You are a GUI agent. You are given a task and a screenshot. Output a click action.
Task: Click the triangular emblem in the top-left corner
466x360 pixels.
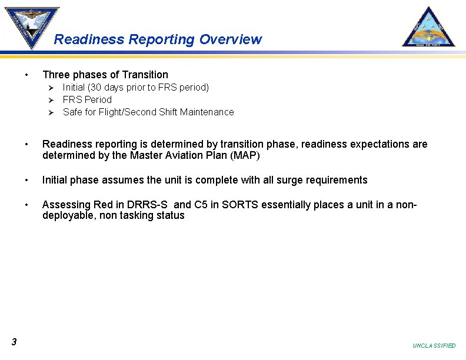[x=32, y=26]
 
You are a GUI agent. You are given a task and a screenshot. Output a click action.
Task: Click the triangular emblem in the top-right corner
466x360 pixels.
[x=428, y=28]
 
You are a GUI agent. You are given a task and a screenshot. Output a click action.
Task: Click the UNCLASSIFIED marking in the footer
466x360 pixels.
[x=434, y=346]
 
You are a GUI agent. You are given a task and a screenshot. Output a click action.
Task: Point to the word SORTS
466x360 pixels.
[x=224, y=205]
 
